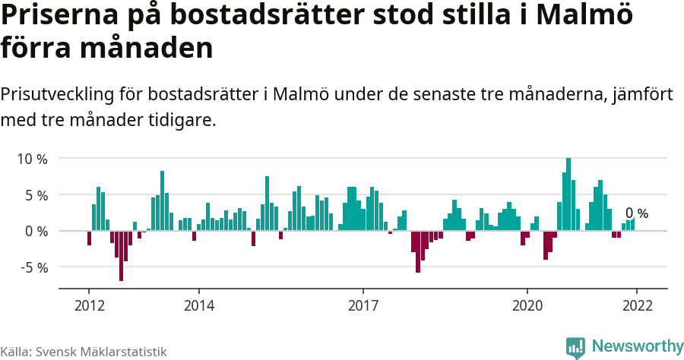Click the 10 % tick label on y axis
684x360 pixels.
(32, 159)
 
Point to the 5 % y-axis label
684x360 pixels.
(36, 195)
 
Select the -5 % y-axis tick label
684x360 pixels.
(33, 267)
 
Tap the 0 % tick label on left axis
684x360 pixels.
(36, 231)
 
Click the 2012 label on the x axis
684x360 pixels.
(89, 305)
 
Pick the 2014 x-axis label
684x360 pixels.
(198, 305)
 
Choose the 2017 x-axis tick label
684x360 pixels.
(363, 305)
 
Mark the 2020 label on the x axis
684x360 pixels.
(527, 305)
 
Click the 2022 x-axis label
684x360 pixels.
(637, 305)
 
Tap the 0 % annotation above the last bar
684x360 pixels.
(637, 213)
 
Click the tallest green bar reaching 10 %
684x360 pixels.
(568, 194)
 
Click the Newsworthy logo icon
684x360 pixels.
(575, 347)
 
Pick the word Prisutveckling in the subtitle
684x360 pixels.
(57, 95)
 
